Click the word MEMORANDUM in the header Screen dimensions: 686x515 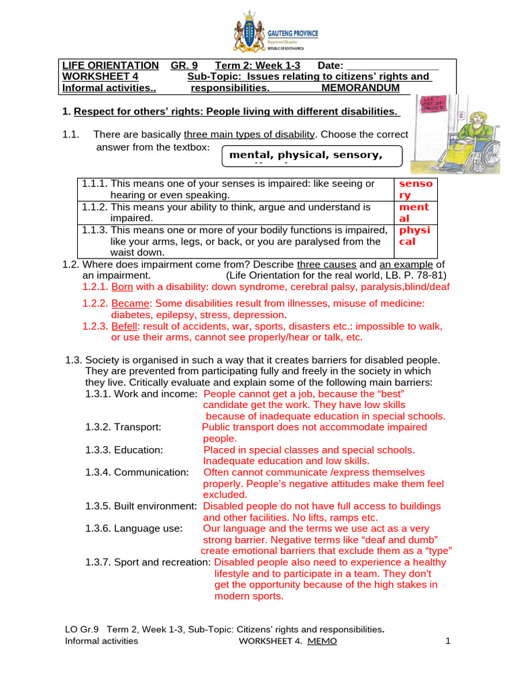point(360,88)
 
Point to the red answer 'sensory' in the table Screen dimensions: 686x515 point(416,189)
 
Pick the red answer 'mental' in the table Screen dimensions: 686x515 point(414,213)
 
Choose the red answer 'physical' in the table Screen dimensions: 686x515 point(414,236)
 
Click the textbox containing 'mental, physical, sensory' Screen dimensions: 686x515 point(312,156)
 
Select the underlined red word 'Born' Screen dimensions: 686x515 point(122,287)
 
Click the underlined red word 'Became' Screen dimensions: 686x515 point(129,303)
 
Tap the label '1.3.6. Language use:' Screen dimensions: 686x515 point(133,529)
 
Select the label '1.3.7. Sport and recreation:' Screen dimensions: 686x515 point(148,562)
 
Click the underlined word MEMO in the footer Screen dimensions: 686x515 point(323,641)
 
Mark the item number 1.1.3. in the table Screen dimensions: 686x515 point(95,230)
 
